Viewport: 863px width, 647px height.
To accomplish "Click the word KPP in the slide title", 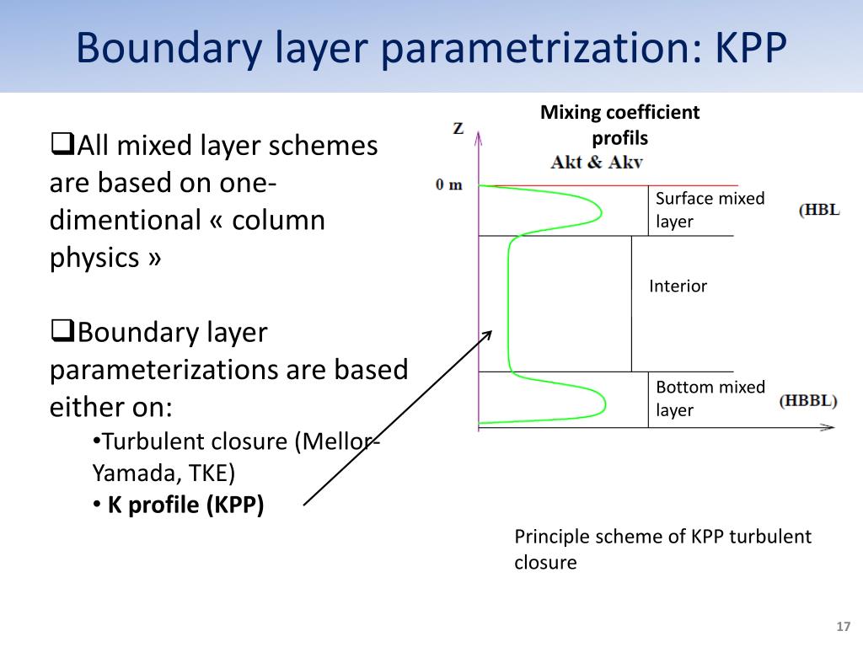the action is tap(750, 48).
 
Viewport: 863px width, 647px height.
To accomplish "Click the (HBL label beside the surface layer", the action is tap(818, 210).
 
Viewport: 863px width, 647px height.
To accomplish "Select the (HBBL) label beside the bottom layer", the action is tap(808, 401).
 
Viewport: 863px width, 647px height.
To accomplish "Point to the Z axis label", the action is tap(458, 129).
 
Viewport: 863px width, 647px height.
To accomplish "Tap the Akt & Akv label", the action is tap(597, 162).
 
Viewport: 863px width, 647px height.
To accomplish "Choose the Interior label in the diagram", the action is tap(678, 286).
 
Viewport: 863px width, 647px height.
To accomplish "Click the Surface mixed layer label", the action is tap(710, 210).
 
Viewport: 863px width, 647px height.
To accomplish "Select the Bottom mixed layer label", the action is tap(710, 398).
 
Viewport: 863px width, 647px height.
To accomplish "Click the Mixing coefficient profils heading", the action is tap(619, 125).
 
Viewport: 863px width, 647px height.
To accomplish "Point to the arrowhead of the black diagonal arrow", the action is tap(487, 334).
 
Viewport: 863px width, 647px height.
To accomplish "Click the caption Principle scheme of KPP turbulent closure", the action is tap(662, 549).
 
